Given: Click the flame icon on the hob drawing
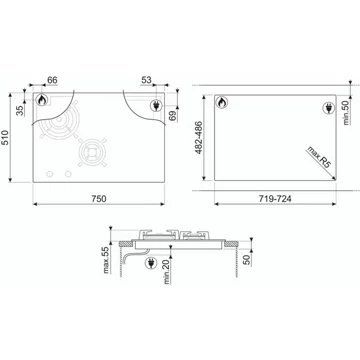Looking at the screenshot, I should tap(43, 101).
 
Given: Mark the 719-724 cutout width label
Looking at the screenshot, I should tap(273, 199).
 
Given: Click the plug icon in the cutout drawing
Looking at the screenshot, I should tap(327, 109).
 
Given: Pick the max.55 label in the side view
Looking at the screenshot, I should tap(104, 260).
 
